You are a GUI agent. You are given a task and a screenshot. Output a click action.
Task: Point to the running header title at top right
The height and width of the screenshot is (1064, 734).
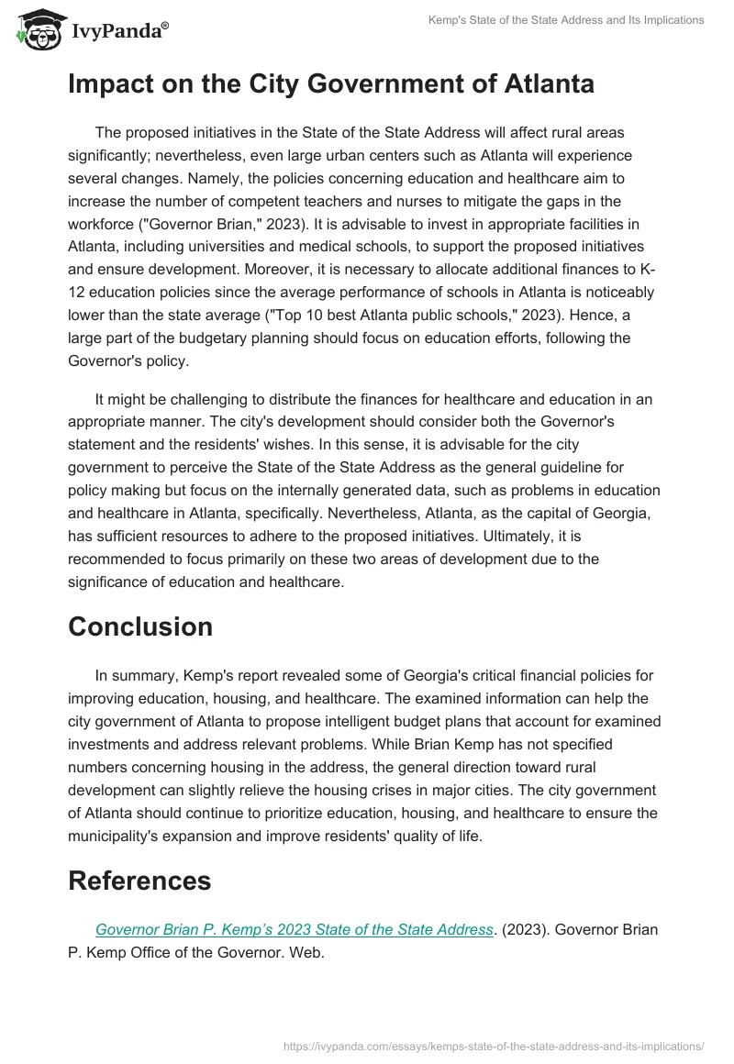tap(566, 20)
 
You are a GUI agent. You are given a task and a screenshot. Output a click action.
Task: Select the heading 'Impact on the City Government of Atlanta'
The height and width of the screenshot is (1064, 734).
tap(331, 84)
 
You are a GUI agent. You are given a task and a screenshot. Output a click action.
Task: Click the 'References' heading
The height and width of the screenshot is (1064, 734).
tap(139, 881)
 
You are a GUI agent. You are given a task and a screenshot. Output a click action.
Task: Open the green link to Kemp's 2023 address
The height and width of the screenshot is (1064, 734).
tap(294, 929)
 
